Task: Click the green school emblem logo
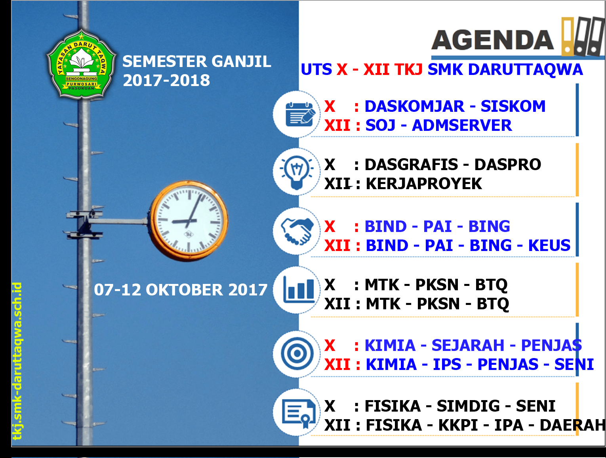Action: (82, 64)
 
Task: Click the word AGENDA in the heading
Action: (493, 40)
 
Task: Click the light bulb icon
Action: (297, 172)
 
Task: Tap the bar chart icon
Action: (299, 291)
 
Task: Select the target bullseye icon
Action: (297, 353)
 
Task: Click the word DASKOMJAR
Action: (415, 106)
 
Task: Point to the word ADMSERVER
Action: (461, 125)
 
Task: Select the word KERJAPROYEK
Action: (424, 184)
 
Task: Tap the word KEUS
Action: (549, 245)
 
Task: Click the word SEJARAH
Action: (468, 345)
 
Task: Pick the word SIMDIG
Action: (468, 406)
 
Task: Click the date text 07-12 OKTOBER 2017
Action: (181, 290)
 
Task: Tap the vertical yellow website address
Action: (17, 361)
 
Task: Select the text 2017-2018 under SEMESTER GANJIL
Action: (166, 80)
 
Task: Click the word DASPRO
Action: (507, 165)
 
